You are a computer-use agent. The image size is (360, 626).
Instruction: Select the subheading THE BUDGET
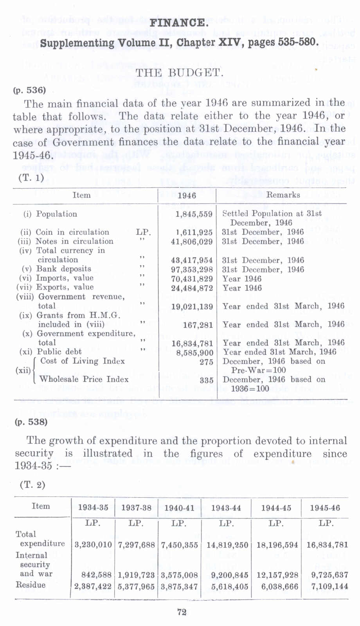pyautogui.click(x=179, y=73)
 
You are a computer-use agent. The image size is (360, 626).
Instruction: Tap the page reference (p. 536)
pyautogui.click(x=30, y=90)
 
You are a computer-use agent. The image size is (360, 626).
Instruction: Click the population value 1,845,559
pyautogui.click(x=194, y=214)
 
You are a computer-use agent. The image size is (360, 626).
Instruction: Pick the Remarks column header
pyautogui.click(x=283, y=195)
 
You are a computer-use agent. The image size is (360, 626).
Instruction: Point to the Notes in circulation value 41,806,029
pyautogui.click(x=192, y=242)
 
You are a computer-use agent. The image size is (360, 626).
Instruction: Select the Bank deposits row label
pyautogui.click(x=63, y=269)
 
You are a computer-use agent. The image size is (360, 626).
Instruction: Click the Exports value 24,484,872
pyautogui.click(x=192, y=288)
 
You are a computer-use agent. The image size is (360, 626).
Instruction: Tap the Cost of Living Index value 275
pyautogui.click(x=206, y=362)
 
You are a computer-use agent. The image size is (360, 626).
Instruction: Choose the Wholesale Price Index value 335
pyautogui.click(x=206, y=380)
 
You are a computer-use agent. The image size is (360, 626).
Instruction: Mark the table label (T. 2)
pyautogui.click(x=32, y=485)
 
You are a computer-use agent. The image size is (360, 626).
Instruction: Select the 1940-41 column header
pyautogui.click(x=179, y=508)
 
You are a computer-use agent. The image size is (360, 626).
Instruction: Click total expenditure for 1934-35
pyautogui.click(x=93, y=545)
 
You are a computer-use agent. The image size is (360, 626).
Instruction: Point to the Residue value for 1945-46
pyautogui.click(x=327, y=586)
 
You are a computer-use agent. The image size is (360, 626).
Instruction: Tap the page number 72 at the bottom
pyautogui.click(x=182, y=612)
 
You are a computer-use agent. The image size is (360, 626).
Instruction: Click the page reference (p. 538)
pyautogui.click(x=31, y=422)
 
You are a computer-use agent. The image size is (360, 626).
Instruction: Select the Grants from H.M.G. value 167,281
pyautogui.click(x=198, y=325)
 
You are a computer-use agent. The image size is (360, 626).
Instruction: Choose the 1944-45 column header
pyautogui.click(x=276, y=508)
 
